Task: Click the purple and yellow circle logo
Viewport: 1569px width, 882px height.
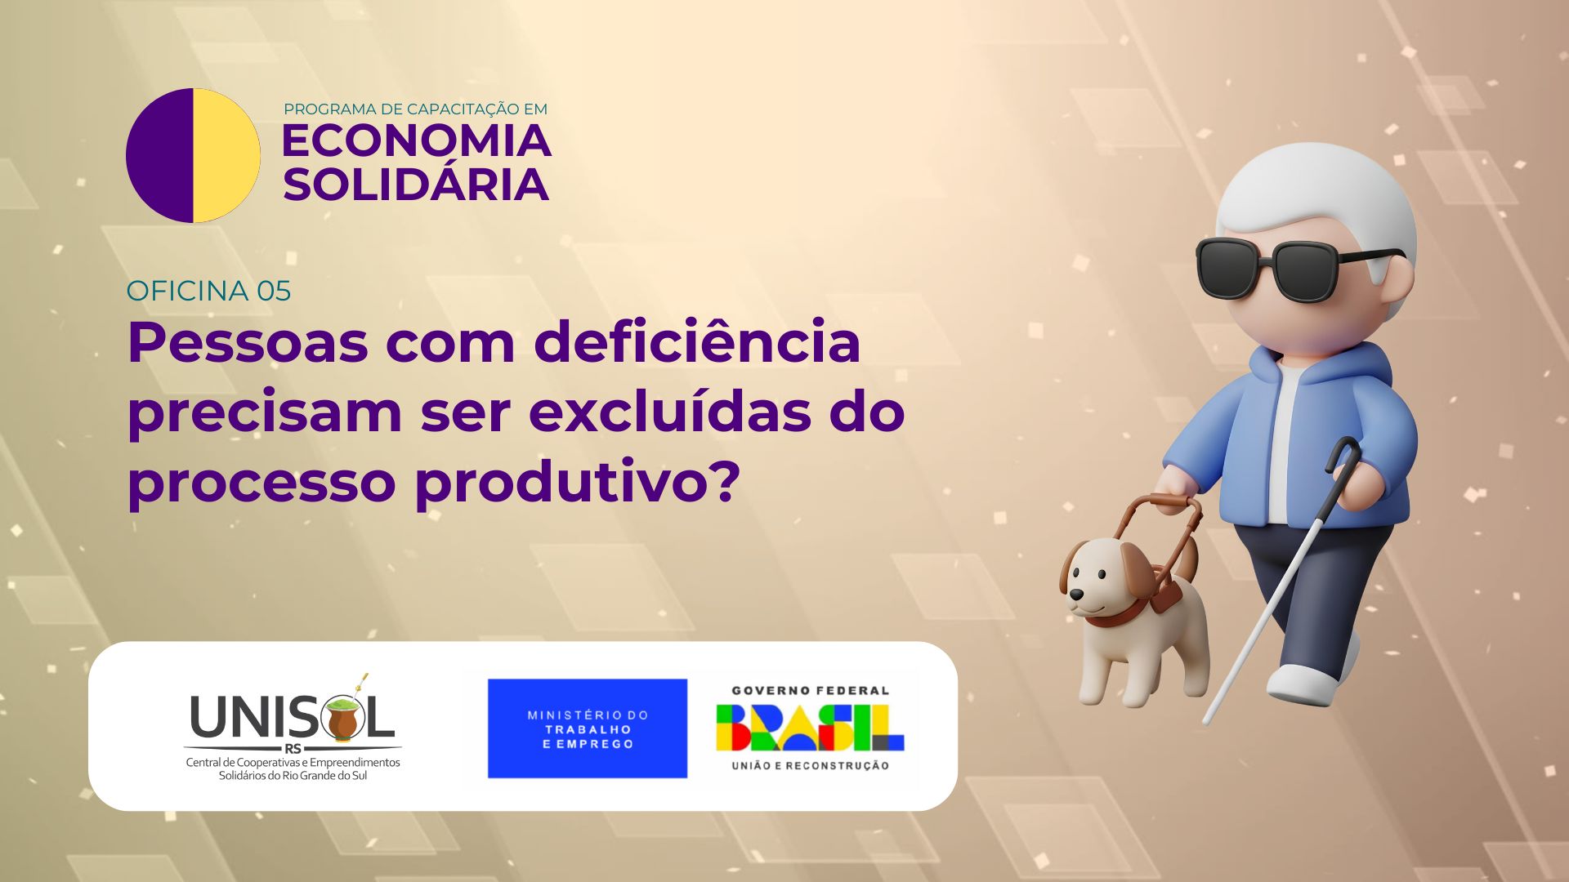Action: click(x=193, y=155)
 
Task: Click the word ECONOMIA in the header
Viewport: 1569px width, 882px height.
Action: click(x=416, y=141)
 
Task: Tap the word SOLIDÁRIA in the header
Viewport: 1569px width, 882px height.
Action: click(x=416, y=185)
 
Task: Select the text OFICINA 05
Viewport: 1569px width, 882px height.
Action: click(x=209, y=291)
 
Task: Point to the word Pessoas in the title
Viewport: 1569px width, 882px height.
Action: click(x=248, y=342)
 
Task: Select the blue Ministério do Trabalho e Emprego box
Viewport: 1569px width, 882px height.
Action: click(x=588, y=728)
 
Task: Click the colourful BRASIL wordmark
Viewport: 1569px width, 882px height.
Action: click(x=810, y=728)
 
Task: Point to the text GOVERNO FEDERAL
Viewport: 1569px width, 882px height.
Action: click(x=810, y=691)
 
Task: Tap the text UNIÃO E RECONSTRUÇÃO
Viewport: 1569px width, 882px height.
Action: click(x=810, y=765)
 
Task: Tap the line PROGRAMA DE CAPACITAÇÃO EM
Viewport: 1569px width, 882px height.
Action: click(x=415, y=109)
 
